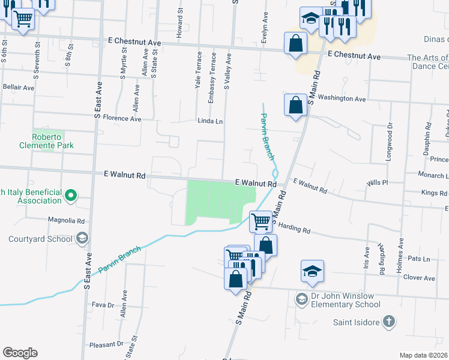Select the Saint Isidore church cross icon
(389, 322)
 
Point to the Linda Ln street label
(211, 121)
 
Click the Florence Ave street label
(122, 119)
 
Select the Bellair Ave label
(18, 88)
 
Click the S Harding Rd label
(292, 228)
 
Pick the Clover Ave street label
(419, 278)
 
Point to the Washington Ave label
(342, 98)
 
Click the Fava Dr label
(103, 305)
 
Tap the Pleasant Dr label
(106, 344)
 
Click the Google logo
(20, 353)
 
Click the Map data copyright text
(423, 355)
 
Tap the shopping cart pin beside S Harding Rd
(261, 221)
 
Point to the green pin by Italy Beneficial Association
(70, 195)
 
